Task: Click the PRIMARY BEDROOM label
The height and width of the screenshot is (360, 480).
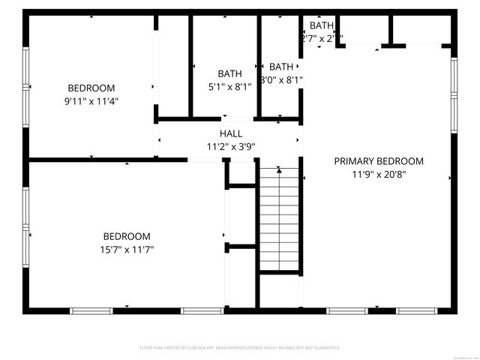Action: click(378, 161)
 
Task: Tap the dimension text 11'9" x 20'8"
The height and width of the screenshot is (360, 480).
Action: click(378, 175)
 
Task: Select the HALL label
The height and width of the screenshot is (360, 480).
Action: click(231, 133)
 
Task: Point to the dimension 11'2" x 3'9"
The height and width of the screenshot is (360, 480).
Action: click(231, 147)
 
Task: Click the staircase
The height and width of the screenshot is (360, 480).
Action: click(280, 217)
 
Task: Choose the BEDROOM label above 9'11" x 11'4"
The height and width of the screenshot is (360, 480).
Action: click(91, 87)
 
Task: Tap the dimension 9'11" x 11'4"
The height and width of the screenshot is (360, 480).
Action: click(91, 100)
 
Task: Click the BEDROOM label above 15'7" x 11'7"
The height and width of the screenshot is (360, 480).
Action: click(127, 235)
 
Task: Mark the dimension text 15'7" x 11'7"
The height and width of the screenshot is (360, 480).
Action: click(127, 249)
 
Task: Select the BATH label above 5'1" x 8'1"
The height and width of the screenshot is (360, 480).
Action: click(230, 73)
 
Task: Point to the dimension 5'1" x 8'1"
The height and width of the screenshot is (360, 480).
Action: click(230, 86)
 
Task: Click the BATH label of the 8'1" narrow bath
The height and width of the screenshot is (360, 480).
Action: click(281, 66)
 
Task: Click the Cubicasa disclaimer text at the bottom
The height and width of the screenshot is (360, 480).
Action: click(240, 348)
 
